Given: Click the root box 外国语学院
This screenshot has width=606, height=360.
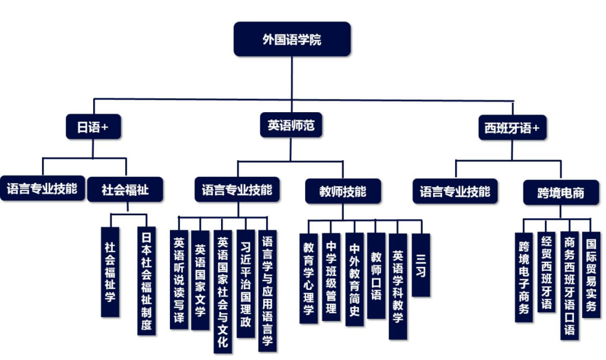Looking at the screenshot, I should pos(292,39).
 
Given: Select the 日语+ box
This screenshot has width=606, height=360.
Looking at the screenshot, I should pos(93,127).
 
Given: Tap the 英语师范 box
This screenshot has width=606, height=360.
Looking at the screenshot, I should pos(291,126).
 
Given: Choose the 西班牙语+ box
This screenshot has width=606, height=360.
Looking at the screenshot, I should pos(512,128).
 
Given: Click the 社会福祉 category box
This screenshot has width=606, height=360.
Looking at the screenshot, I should pos(125,190).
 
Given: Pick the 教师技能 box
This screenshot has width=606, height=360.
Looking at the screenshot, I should pos(342,191).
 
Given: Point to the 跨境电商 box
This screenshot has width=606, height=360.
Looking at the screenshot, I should pos(561,192).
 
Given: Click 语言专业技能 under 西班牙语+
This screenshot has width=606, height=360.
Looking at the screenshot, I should pos(454,191).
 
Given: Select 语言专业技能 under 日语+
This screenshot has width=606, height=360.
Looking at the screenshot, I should pos(42,188).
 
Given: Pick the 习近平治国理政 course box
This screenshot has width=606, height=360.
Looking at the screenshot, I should pos(245,283).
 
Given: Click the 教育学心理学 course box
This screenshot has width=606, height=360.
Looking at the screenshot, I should pos(308,278).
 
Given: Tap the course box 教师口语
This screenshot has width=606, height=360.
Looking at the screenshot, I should pos(376,275).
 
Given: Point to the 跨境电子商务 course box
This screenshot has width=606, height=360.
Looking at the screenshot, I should pos(524,277).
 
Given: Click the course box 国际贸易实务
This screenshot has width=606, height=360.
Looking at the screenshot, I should pos(591,275).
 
